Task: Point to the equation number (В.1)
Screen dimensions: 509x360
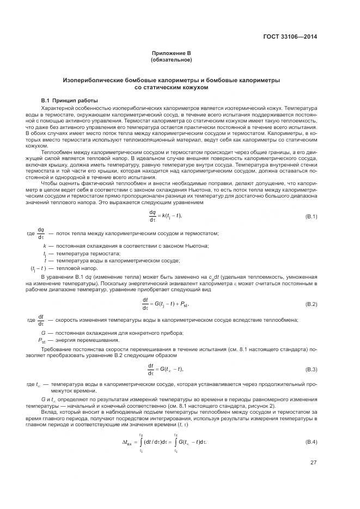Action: (311, 217)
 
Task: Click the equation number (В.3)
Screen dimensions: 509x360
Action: (311, 369)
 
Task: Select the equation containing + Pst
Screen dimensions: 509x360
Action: (168, 303)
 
